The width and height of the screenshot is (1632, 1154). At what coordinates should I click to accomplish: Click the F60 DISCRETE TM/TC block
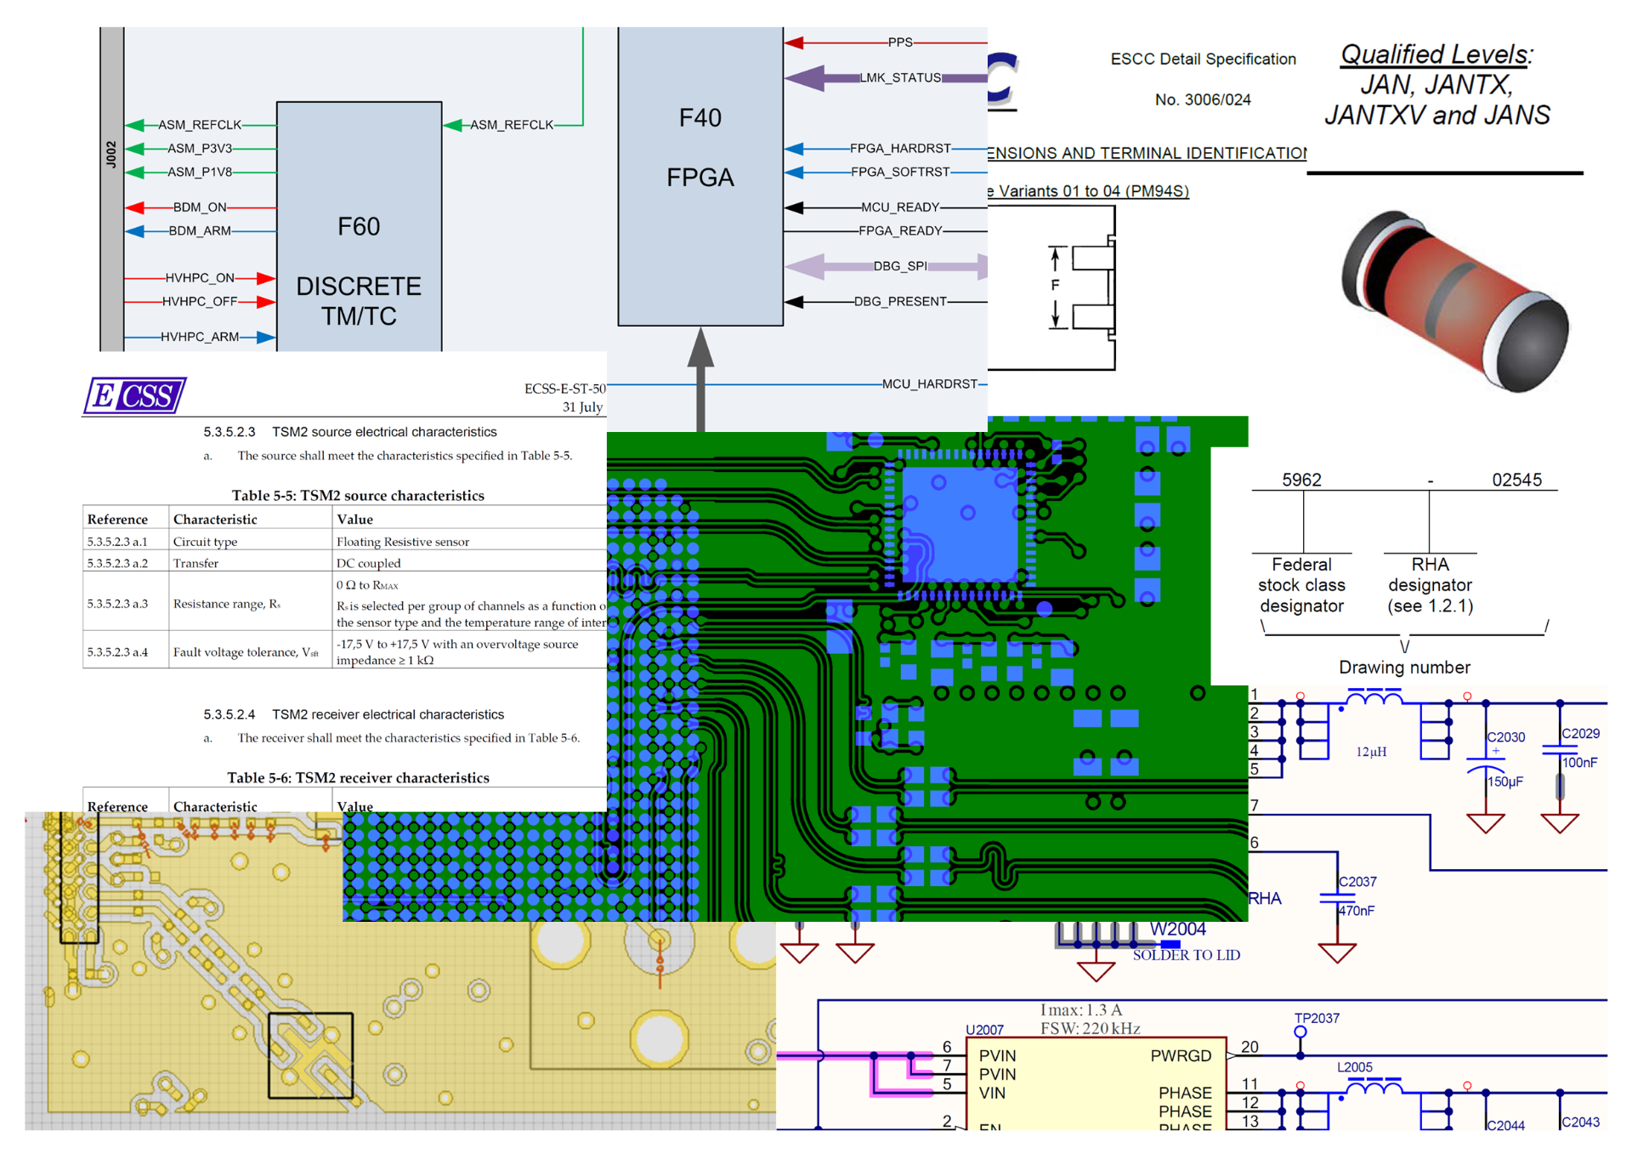(x=359, y=255)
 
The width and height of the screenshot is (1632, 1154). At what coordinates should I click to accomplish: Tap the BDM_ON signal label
(x=200, y=207)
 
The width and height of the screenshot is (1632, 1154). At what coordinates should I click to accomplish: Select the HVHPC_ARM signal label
(x=200, y=337)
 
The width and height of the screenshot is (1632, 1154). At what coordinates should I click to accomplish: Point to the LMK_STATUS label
(x=900, y=78)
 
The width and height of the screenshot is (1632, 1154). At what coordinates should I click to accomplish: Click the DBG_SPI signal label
(x=900, y=266)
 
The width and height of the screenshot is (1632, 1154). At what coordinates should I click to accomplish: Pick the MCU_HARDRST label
(x=929, y=384)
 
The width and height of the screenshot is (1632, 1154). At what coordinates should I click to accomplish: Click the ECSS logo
(x=135, y=396)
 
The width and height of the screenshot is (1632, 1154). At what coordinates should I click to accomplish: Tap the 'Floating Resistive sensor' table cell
(x=402, y=542)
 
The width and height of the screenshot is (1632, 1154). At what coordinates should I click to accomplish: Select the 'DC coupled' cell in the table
(x=368, y=563)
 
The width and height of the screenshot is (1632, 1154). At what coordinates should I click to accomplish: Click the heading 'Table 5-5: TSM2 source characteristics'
(x=358, y=496)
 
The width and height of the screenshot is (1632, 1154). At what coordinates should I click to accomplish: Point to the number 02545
(x=1516, y=480)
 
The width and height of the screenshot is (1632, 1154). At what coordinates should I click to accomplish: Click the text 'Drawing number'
(x=1404, y=668)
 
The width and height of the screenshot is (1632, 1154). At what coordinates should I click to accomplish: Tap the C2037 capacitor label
(x=1357, y=882)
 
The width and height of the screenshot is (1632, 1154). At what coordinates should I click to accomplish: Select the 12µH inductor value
(x=1371, y=752)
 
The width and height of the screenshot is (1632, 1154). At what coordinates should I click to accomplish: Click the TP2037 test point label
(x=1317, y=1018)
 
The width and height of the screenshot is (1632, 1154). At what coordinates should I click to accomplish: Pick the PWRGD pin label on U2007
(x=1181, y=1055)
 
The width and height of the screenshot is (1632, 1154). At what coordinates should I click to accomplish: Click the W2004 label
(x=1177, y=929)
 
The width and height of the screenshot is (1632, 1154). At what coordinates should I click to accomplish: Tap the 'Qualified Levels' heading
(x=1436, y=54)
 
